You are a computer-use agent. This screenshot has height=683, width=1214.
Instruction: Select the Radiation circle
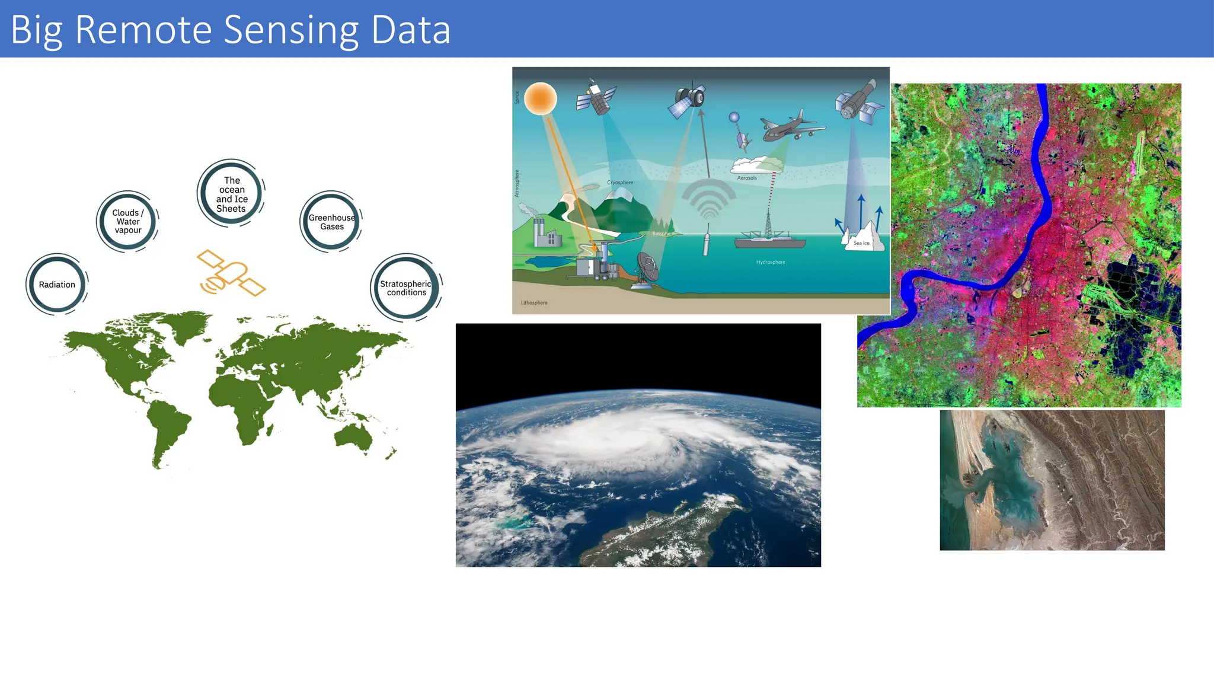57,285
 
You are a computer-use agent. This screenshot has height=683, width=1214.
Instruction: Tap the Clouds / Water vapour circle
127,222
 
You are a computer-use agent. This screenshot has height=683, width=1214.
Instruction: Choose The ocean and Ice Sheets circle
231,194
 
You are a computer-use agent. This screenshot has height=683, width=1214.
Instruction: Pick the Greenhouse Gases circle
331,222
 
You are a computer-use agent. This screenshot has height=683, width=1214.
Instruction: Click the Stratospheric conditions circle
407,288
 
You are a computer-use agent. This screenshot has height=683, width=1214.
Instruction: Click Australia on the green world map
353,438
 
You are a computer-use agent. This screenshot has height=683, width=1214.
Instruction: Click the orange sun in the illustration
540,98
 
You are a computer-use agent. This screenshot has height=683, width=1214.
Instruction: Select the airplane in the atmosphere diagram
791,127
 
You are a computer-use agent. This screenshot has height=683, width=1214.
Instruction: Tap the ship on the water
769,241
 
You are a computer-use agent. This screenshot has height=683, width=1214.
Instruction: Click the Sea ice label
861,243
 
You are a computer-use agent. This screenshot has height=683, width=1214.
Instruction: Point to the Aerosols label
747,178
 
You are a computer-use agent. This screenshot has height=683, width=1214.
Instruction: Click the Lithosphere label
534,303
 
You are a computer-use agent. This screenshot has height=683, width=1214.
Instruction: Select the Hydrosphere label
771,262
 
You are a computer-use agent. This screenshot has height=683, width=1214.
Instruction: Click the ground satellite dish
646,270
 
